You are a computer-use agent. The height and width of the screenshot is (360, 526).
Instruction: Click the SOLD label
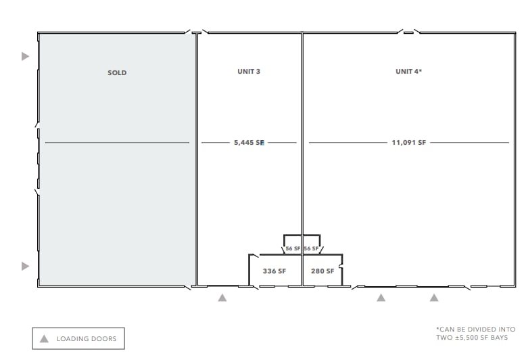(x=117, y=72)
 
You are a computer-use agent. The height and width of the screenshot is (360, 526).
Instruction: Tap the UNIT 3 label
(x=249, y=71)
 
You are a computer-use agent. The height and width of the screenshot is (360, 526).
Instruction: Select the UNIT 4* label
(x=408, y=71)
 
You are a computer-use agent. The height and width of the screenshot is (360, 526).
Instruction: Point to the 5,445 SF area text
(x=249, y=142)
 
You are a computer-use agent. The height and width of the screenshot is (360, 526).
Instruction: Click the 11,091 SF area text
(x=408, y=142)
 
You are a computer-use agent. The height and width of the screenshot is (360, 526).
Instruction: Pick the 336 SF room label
(x=274, y=271)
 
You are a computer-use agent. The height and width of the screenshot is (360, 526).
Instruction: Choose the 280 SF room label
(x=322, y=271)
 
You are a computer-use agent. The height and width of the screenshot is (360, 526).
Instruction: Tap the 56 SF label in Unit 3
(x=293, y=248)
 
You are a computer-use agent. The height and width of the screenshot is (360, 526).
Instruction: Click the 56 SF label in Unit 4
(x=311, y=248)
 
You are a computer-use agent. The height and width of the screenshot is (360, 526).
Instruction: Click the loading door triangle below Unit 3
(x=222, y=298)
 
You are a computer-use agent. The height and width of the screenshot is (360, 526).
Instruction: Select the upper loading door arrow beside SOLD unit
(x=25, y=56)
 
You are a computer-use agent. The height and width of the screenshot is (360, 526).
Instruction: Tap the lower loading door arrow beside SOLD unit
(x=25, y=266)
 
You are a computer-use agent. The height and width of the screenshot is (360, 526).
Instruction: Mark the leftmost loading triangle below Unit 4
(x=381, y=298)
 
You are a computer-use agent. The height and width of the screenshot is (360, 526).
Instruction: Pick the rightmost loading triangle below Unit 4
(x=434, y=298)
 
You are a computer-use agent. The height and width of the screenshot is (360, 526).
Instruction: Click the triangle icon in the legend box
(x=44, y=338)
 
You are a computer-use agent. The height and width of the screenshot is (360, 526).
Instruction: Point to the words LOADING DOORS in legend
(x=87, y=339)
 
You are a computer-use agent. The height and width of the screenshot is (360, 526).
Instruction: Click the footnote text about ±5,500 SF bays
(x=476, y=334)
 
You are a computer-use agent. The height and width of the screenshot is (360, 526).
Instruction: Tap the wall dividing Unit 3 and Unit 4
(x=302, y=160)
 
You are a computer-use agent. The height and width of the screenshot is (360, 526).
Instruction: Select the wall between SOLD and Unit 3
(x=197, y=160)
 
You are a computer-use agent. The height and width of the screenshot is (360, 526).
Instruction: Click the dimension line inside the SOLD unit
(x=117, y=143)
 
